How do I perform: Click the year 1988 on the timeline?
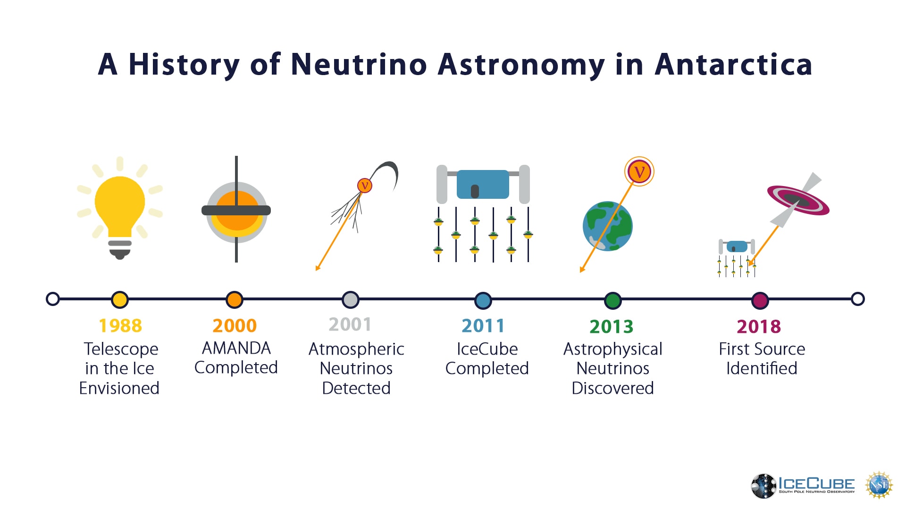pos(120,325)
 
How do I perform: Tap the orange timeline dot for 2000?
pos(235,299)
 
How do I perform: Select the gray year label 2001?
pos(350,324)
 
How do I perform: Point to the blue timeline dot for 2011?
pos(483,300)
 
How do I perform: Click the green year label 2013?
pos(612,326)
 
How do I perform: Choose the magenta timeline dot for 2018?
pos(760,300)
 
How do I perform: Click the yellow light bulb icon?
pos(120,208)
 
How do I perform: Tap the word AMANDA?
pos(236,348)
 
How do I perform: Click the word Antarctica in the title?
pos(733,64)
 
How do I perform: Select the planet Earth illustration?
pos(608,226)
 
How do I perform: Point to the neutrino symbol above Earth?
pos(639,171)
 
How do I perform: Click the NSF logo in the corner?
pos(879,485)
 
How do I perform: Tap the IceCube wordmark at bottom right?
pos(816,484)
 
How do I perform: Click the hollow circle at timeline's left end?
pos(53,299)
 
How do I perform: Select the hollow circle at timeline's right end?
pos(858,299)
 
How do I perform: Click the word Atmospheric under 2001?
pos(356,349)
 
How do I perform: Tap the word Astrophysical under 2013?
pos(613,349)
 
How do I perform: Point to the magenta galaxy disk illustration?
pos(798,200)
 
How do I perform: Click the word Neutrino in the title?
pos(359,64)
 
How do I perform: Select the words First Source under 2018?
pos(762,349)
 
